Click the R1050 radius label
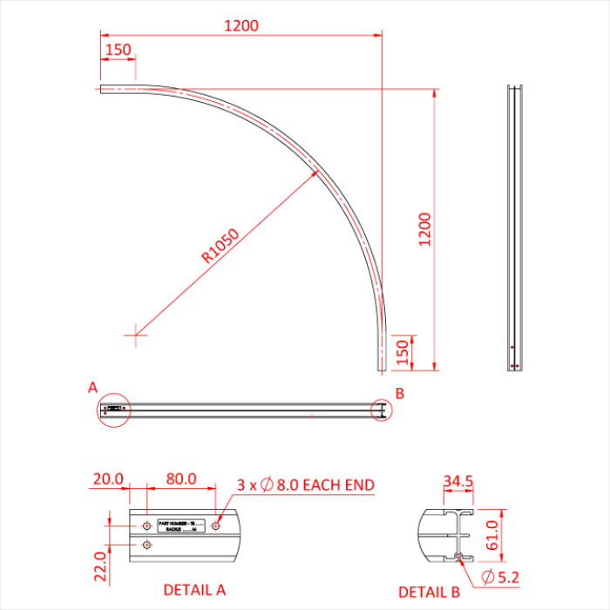220,245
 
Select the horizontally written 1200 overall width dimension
241,26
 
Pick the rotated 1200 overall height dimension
424,229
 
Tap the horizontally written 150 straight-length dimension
119,50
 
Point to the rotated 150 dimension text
402,353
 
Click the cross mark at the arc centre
136,332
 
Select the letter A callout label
93,386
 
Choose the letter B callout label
399,394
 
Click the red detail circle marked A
113,409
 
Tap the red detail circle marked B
382,410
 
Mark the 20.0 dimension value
109,480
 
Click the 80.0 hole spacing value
180,480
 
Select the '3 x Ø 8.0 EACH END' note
305,485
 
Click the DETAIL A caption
194,590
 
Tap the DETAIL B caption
430,592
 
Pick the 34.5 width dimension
457,482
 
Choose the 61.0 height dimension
492,534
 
